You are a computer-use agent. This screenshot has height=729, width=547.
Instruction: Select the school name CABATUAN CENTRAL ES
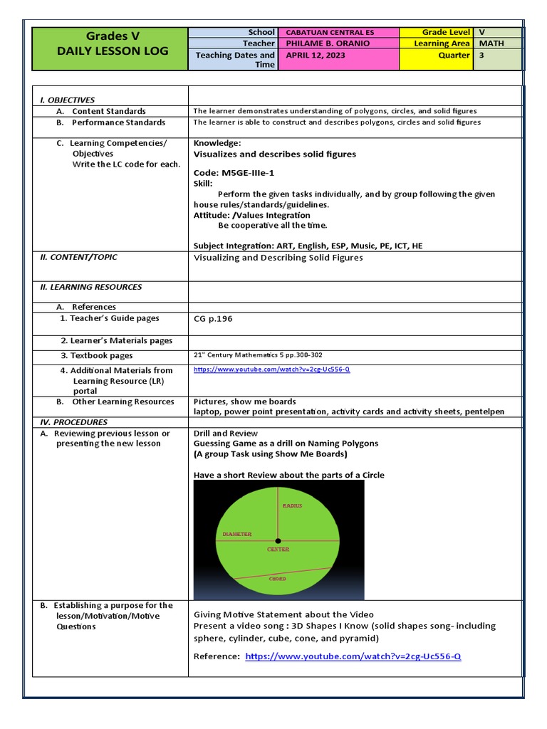pos(329,32)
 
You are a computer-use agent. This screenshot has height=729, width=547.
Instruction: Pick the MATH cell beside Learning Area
pos(491,43)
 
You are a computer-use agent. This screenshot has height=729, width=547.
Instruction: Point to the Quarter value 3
pos(482,55)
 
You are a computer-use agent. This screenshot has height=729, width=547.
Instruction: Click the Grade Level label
pos(446,32)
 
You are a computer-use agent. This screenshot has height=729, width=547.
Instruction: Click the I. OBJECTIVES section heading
pos(67,100)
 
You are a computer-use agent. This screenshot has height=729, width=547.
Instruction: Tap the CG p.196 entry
pos(213,319)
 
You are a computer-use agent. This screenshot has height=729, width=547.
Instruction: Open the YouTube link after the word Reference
pos(353,656)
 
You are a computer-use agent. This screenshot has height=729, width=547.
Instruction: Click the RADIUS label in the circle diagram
pos(292,505)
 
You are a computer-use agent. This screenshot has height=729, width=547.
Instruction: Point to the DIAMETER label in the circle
pos(237,533)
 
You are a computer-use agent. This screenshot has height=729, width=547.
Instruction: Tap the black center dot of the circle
pos(278,541)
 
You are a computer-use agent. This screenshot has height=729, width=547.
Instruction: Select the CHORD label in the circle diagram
pos(277,579)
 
